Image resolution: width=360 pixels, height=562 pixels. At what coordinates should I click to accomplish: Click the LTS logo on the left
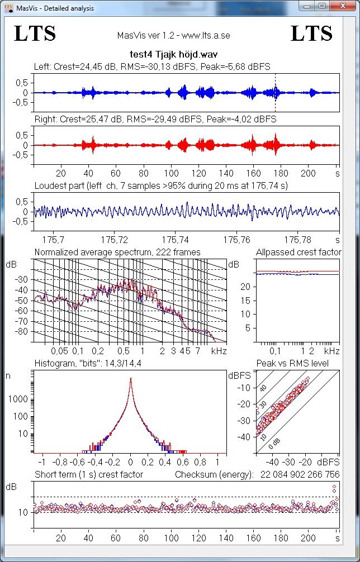click(35, 34)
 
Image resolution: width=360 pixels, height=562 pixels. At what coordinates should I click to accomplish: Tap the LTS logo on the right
click(311, 34)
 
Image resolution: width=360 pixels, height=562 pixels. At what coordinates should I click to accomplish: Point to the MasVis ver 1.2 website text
click(173, 35)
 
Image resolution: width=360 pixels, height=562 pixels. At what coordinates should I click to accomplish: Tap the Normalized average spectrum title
click(117, 253)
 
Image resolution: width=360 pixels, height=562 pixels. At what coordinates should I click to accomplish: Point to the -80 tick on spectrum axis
click(22, 332)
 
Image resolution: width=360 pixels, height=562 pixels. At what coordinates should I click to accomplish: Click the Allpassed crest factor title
click(299, 253)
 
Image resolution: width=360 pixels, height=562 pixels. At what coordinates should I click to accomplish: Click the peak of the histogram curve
click(130, 379)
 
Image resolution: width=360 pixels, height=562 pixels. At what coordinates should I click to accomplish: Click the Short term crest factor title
click(89, 474)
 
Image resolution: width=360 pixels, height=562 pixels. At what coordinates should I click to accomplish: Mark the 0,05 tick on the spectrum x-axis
click(59, 351)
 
